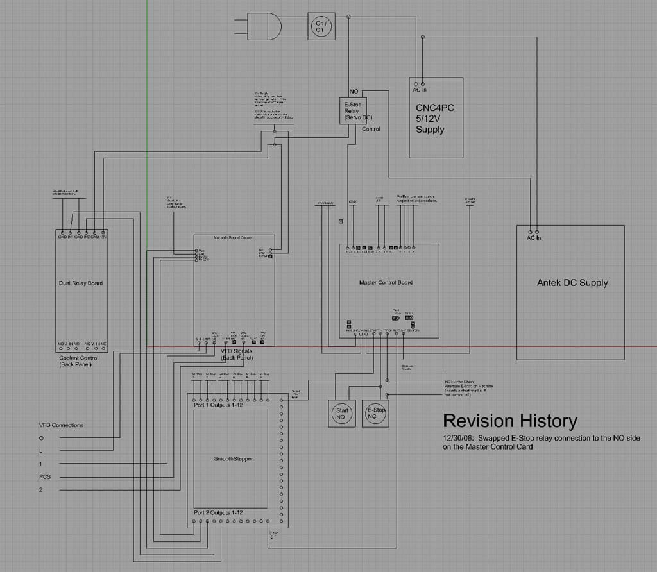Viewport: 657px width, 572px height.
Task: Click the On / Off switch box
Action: [x=321, y=26]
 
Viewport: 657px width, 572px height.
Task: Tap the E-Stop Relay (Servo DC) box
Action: [x=352, y=111]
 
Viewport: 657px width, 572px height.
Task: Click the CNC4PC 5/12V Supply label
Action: [x=434, y=118]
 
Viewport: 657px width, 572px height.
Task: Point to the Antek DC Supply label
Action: [x=572, y=283]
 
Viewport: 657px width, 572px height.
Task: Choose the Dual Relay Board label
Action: [x=80, y=283]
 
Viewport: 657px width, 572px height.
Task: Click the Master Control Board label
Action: [x=386, y=282]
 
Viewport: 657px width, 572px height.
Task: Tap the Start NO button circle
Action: [x=341, y=414]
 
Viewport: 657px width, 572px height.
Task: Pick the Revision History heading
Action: [x=510, y=421]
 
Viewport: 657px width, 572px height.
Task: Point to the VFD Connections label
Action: [x=61, y=425]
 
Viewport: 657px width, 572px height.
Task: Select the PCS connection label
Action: [x=45, y=476]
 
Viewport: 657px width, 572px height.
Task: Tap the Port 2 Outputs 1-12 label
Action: [x=218, y=513]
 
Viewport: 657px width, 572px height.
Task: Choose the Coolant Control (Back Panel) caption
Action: [x=79, y=361]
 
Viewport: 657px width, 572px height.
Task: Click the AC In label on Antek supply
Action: [x=534, y=238]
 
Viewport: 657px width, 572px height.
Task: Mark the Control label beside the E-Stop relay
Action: [x=371, y=129]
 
